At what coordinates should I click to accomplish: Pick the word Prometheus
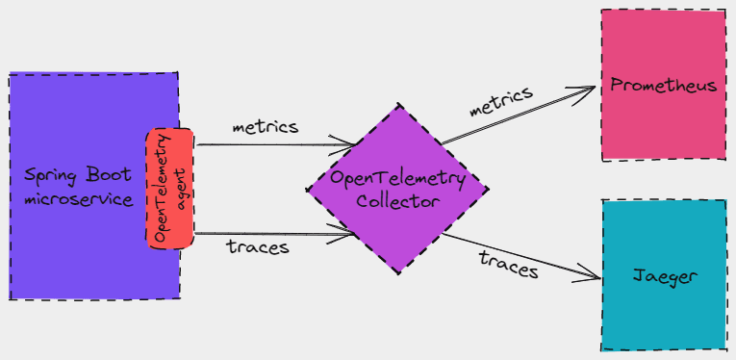pyautogui.click(x=664, y=86)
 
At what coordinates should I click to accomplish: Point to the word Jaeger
pyautogui.click(x=664, y=277)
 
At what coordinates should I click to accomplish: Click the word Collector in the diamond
pyautogui.click(x=397, y=201)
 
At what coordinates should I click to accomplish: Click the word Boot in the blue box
pyautogui.click(x=114, y=176)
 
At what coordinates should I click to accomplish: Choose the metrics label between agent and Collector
pyautogui.click(x=266, y=126)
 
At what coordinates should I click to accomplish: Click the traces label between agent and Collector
pyautogui.click(x=258, y=246)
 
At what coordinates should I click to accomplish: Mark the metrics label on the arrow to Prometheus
pyautogui.click(x=500, y=101)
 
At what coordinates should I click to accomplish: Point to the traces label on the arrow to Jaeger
pyautogui.click(x=508, y=263)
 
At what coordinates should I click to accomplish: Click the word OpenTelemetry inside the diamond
pyautogui.click(x=397, y=179)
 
